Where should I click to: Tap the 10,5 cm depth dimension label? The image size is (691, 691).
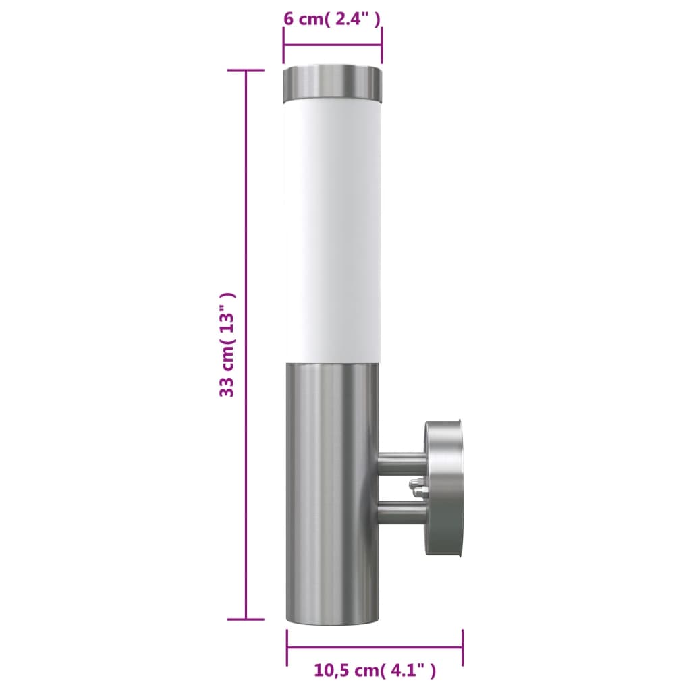[375, 671]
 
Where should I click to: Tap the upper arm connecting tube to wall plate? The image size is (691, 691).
[402, 463]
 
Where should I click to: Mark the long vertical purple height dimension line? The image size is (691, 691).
[246, 344]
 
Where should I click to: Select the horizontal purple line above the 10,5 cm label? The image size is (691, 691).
[375, 648]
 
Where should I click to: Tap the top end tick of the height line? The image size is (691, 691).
[246, 70]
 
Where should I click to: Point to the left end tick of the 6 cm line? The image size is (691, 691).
[283, 45]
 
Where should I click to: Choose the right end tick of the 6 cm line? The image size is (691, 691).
[383, 45]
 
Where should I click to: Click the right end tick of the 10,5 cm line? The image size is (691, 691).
[462, 648]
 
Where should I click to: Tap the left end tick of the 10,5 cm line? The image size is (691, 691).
[287, 648]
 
